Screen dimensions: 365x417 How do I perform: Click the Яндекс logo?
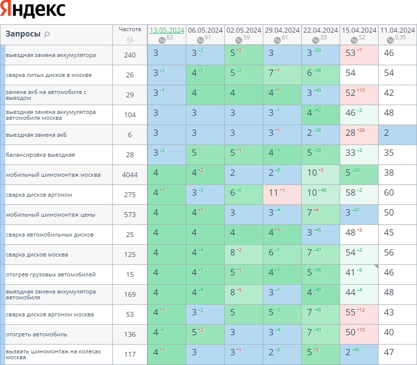[34, 9]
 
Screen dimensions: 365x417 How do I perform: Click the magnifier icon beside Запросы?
[47, 34]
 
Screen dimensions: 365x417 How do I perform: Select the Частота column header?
[130, 29]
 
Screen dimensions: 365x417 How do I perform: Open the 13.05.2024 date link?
[167, 30]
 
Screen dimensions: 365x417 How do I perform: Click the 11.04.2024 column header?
[398, 30]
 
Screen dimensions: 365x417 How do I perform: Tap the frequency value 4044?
[130, 175]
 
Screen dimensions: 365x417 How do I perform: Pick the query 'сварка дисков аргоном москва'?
[50, 314]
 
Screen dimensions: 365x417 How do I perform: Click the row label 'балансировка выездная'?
[40, 155]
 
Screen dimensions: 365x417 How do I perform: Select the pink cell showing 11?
[282, 195]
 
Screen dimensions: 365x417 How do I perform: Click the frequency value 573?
[130, 215]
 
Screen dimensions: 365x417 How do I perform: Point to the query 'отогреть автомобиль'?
[36, 334]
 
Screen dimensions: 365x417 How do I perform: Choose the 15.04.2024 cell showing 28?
[359, 135]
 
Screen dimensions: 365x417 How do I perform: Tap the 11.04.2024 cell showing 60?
[398, 195]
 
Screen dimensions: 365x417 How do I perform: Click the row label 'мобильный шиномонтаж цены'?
[51, 215]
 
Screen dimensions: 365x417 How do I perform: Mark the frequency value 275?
[130, 195]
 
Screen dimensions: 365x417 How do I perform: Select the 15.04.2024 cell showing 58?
[359, 195]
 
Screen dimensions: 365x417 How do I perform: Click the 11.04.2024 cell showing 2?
[398, 135]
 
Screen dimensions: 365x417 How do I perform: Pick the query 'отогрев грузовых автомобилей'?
[51, 274]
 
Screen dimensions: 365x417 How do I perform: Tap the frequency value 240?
[130, 55]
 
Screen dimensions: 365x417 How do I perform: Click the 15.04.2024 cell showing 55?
[359, 314]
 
